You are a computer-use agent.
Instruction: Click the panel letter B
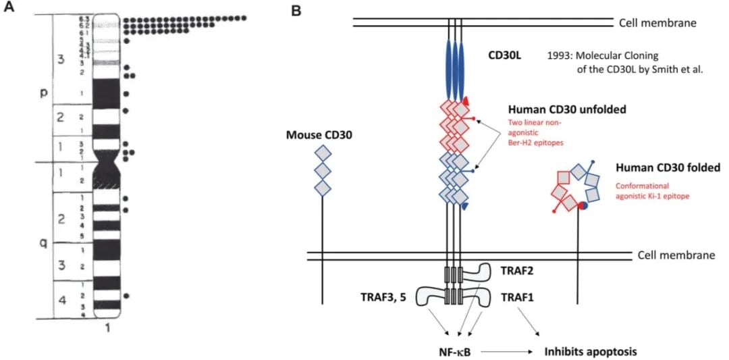(x=295, y=9)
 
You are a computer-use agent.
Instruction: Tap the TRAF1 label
(x=516, y=297)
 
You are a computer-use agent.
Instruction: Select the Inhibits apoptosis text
(x=591, y=351)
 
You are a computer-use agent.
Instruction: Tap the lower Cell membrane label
(x=675, y=255)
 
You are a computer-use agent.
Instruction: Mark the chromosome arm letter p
(x=40, y=92)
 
